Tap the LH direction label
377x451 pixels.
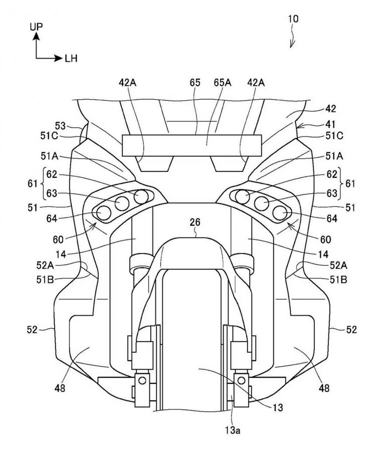click(71, 59)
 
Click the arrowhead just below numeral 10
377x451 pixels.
click(292, 46)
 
